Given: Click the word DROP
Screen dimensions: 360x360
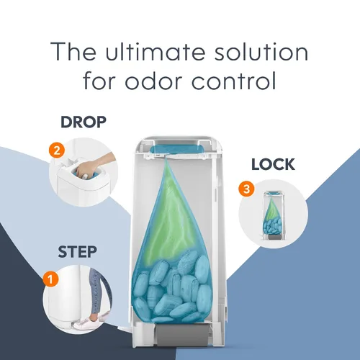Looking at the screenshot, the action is pyautogui.click(x=84, y=122).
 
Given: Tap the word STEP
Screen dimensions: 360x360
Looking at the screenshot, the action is pyautogui.click(x=77, y=251).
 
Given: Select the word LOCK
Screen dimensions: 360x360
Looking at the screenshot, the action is pyautogui.click(x=273, y=164).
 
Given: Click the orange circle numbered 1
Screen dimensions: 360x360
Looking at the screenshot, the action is pyautogui.click(x=50, y=279).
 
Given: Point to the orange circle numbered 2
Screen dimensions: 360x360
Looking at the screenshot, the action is pyautogui.click(x=57, y=150).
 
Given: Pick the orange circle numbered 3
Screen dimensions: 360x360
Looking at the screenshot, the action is pyautogui.click(x=246, y=189).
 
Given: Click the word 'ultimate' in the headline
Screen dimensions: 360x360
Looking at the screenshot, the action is pyautogui.click(x=156, y=52).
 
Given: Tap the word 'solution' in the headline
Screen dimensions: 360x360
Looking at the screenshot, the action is pyautogui.click(x=261, y=52).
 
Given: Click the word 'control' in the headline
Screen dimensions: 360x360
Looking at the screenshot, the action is pyautogui.click(x=233, y=81).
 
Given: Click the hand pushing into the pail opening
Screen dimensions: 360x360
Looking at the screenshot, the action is pyautogui.click(x=93, y=165).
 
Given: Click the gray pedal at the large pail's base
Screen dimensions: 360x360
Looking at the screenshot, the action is pyautogui.click(x=183, y=334).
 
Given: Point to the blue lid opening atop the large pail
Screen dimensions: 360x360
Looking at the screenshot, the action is pyautogui.click(x=177, y=148).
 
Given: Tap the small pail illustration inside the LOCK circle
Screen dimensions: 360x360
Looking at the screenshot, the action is pyautogui.click(x=274, y=215).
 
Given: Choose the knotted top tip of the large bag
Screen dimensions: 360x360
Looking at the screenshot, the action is pyautogui.click(x=166, y=160).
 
